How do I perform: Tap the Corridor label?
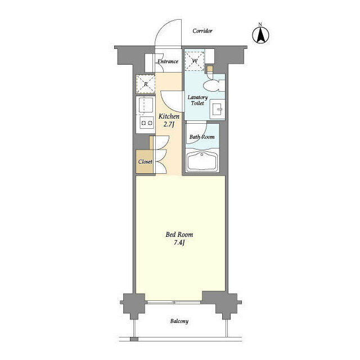coord(202,31)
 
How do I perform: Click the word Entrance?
coord(168,61)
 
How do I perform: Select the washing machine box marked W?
coord(195,61)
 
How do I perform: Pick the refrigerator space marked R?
coord(146,84)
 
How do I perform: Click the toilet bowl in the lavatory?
coord(212,85)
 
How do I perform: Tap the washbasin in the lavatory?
coord(217,109)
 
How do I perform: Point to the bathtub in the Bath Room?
coord(202,161)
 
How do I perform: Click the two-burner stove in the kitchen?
coord(146,123)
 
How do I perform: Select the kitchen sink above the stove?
coord(146,105)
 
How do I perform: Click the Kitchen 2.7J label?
coord(169,120)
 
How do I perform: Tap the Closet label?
coord(145,161)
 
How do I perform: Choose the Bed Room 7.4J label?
coord(179,238)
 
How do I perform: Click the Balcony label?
coord(179,321)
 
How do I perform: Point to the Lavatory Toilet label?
coord(197,100)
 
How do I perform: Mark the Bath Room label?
coord(202,137)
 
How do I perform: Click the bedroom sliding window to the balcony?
coord(174,302)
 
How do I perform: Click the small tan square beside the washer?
coord(210,69)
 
